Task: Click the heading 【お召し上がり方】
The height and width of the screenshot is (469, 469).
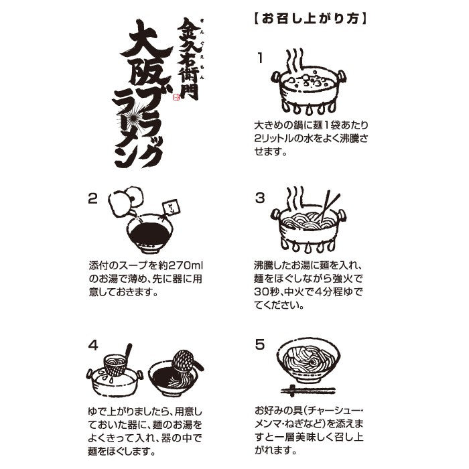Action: point(310,19)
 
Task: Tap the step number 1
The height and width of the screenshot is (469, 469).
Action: point(260,58)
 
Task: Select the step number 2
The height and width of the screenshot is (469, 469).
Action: point(92,199)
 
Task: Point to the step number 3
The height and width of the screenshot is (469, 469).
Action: point(260,198)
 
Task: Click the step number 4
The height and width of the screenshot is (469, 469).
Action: point(93,346)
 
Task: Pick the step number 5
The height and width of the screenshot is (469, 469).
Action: point(260,344)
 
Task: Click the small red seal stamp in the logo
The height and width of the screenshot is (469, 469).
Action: point(176,96)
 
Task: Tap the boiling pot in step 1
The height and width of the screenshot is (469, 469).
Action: point(309,90)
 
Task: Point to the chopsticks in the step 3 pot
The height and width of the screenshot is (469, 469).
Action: point(328,206)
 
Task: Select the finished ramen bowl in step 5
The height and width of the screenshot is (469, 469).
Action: point(308,361)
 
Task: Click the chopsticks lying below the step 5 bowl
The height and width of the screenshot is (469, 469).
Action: point(308,391)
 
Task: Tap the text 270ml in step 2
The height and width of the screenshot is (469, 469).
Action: point(185,265)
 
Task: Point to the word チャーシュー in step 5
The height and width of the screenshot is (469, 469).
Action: point(331,411)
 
